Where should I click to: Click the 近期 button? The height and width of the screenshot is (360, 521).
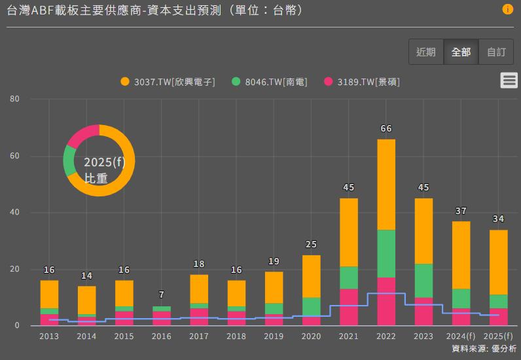(x=426, y=52)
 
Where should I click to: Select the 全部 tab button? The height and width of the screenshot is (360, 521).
(x=461, y=52)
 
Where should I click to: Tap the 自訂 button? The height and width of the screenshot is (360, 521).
(x=496, y=52)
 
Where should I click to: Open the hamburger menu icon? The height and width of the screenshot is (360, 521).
(x=509, y=81)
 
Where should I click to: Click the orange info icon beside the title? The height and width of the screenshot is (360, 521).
(x=507, y=10)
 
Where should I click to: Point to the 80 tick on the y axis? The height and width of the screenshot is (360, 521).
(x=16, y=99)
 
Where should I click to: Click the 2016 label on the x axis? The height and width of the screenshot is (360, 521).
(x=162, y=336)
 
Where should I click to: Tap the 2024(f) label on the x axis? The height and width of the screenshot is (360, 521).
(x=461, y=336)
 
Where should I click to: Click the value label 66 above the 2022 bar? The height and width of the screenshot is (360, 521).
(x=386, y=129)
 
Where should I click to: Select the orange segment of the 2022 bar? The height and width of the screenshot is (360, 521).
(x=386, y=185)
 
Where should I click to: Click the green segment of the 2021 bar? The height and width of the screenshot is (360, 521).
(x=349, y=278)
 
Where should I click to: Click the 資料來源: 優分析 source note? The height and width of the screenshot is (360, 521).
(x=484, y=349)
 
